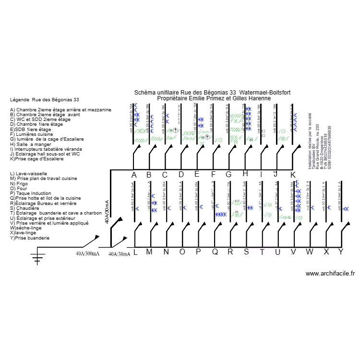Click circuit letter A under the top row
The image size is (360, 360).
point(134,175)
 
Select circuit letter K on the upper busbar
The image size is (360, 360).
point(293,175)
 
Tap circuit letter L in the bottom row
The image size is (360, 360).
point(135,252)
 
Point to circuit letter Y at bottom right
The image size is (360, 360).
point(341,252)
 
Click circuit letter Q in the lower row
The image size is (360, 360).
point(215,252)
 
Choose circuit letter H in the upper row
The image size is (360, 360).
point(245,174)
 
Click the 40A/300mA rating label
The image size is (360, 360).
point(87,253)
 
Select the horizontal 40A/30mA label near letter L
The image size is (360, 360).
point(120,254)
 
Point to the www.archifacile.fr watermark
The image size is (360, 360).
point(330,274)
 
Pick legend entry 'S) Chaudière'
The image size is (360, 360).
point(24,208)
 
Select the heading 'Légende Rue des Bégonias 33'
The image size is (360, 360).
point(44,100)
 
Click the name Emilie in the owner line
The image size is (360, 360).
point(198,98)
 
